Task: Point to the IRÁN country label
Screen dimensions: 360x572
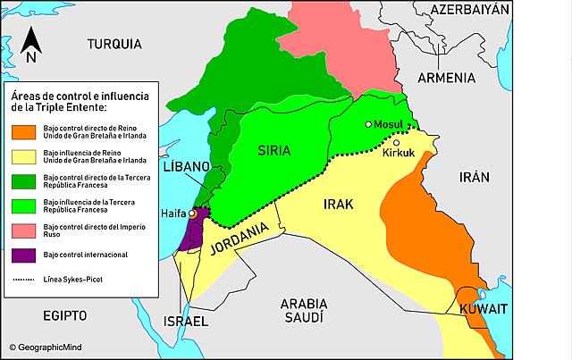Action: point(473,178)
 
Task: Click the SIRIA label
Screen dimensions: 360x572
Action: point(274,150)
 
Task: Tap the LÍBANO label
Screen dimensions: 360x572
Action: point(186,168)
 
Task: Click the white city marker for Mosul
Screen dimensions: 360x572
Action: point(368,125)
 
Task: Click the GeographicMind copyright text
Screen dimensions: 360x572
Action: point(50,345)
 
